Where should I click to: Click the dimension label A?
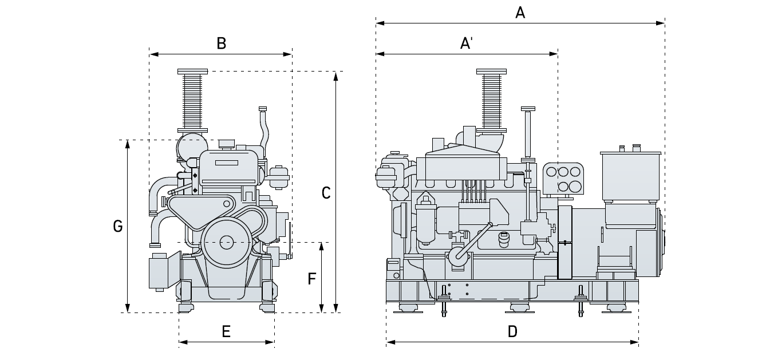(x=520, y=12)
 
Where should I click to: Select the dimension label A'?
(x=467, y=43)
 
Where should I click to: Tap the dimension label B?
(x=221, y=43)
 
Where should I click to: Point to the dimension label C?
(x=326, y=193)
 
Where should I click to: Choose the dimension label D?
(x=512, y=331)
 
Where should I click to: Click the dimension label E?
(x=226, y=331)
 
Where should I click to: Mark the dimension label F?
(x=312, y=279)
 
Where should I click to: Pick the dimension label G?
(x=118, y=227)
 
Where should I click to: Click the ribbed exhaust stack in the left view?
(x=192, y=100)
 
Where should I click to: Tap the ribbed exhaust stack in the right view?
(x=491, y=100)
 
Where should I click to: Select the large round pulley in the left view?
(x=226, y=242)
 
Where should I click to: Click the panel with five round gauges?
(x=563, y=178)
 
